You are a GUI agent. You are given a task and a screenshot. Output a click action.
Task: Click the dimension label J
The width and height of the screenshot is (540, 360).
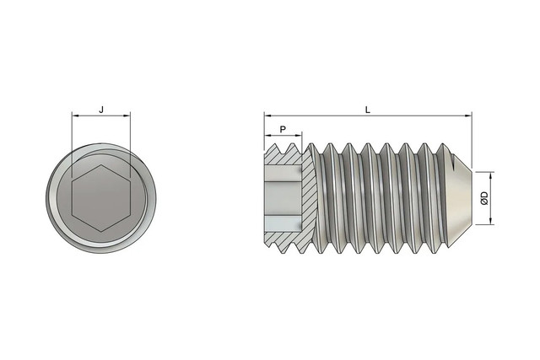point(101,110)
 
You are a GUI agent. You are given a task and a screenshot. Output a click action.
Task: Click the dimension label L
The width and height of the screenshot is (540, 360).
point(368,110)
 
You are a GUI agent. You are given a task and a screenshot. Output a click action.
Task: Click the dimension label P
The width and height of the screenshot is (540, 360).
point(283,129)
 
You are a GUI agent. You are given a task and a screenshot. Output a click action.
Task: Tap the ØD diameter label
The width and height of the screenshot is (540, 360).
point(483,198)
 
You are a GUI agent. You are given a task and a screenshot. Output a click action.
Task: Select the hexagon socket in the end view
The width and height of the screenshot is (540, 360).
point(101,197)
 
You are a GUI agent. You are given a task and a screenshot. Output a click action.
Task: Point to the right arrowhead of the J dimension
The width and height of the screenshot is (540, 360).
point(127,116)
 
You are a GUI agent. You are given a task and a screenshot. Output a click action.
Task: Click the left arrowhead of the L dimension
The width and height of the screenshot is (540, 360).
point(267,116)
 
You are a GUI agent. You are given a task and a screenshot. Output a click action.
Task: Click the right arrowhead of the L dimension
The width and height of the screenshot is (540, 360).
point(469,116)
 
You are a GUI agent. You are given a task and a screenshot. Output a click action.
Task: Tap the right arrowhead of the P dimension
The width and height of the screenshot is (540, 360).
point(299,136)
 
